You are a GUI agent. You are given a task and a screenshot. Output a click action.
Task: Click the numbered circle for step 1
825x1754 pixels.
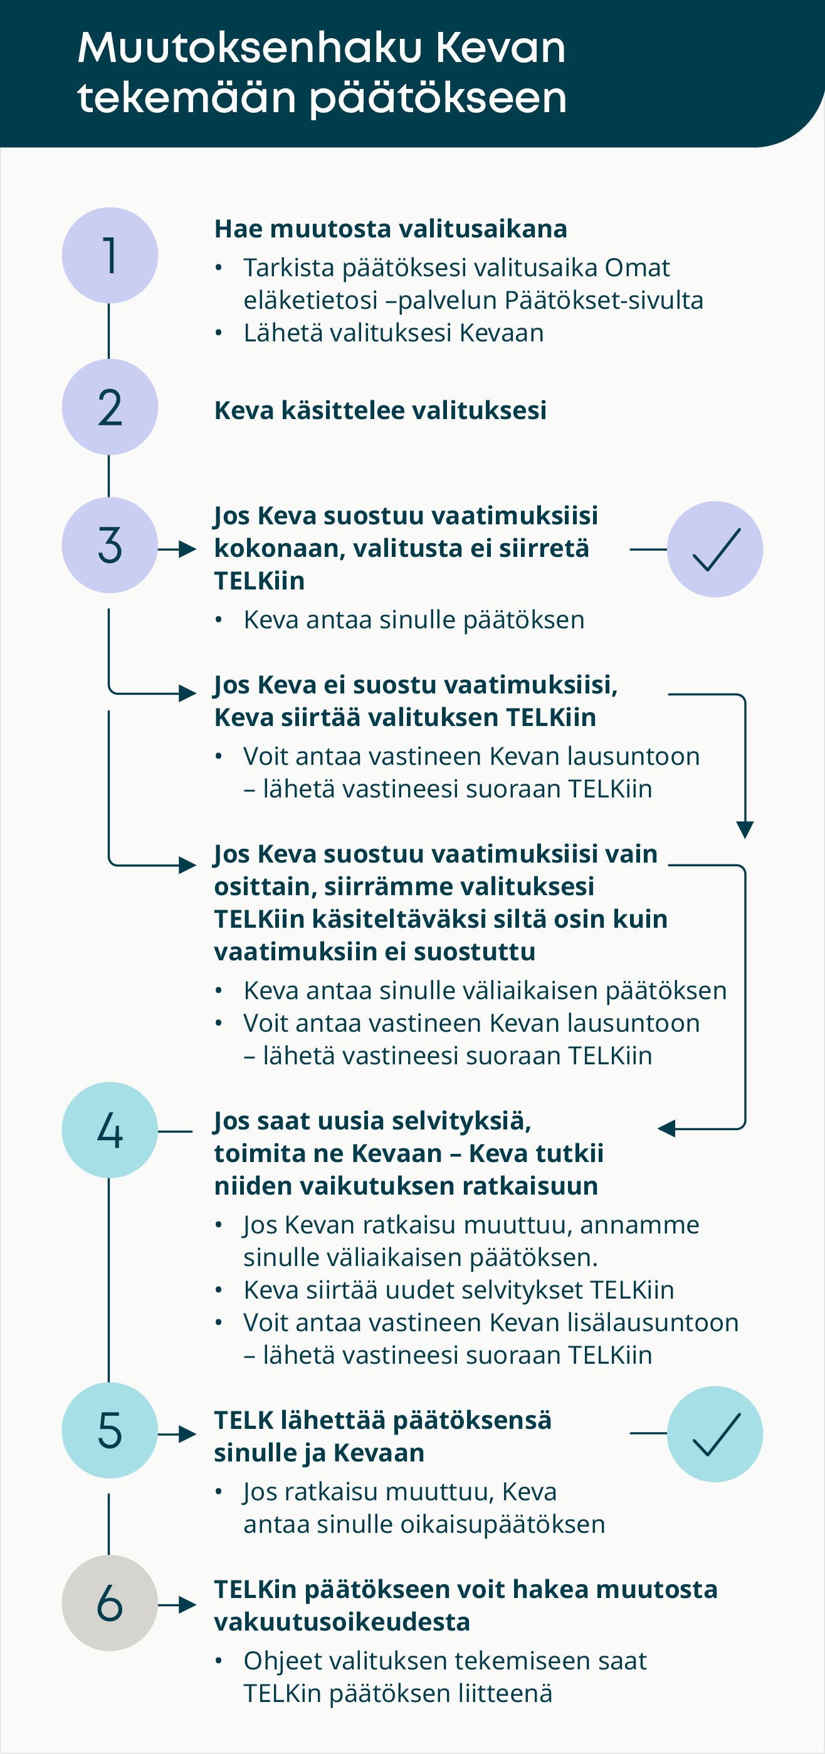110,256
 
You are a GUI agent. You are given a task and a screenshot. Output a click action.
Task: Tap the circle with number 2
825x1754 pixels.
110,407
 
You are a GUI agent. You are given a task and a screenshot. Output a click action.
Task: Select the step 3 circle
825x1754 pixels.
110,546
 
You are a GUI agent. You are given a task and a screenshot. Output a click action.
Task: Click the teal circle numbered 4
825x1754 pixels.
110,1130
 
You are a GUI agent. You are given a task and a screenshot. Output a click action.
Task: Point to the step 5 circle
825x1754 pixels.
110,1431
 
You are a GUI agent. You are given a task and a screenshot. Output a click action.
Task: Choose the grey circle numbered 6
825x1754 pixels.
110,1603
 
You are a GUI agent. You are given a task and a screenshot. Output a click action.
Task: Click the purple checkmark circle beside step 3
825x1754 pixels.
715,549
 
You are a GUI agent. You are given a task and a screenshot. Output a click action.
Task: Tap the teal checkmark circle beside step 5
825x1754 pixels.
715,1434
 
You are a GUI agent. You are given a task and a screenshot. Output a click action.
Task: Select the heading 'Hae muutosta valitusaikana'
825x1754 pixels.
391,229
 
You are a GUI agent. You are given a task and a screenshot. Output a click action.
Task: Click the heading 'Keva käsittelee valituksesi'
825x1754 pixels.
380,410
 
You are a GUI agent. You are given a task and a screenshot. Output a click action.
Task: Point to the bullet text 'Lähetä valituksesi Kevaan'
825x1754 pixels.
394,333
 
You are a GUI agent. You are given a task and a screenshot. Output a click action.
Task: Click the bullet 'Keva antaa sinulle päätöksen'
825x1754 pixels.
414,620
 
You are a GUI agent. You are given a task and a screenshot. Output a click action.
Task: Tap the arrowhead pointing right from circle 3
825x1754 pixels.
187,549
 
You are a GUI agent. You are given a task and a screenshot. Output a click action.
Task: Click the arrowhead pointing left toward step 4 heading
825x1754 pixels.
666,1129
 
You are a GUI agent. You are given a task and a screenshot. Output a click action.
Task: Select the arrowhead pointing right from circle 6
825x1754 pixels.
187,1605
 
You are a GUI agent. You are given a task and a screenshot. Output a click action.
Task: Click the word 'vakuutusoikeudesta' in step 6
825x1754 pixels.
342,1622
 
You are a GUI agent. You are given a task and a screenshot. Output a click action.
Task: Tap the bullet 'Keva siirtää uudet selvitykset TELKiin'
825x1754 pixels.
459,1290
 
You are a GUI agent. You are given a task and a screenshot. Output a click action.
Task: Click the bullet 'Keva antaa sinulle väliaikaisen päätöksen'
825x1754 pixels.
485,991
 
